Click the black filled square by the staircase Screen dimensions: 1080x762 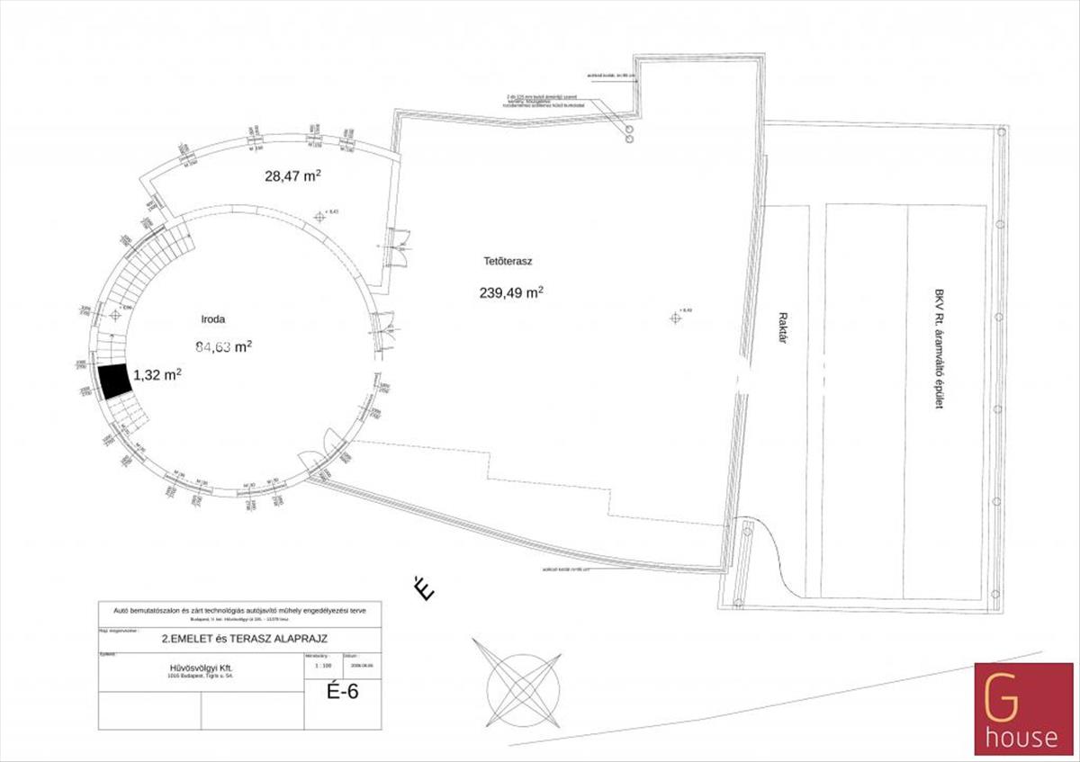click(113, 381)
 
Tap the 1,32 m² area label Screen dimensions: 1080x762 click(157, 374)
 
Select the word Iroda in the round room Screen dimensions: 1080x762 click(213, 318)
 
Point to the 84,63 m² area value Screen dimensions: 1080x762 click(223, 346)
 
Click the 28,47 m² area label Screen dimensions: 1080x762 click(292, 177)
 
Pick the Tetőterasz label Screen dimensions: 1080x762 click(508, 262)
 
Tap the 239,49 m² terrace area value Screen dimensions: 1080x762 click(510, 292)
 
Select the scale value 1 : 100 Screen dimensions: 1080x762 click(317, 668)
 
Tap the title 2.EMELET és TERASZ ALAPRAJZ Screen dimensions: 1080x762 click(243, 638)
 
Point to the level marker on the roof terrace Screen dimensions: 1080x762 click(675, 316)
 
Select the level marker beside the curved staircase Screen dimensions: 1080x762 click(114, 316)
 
